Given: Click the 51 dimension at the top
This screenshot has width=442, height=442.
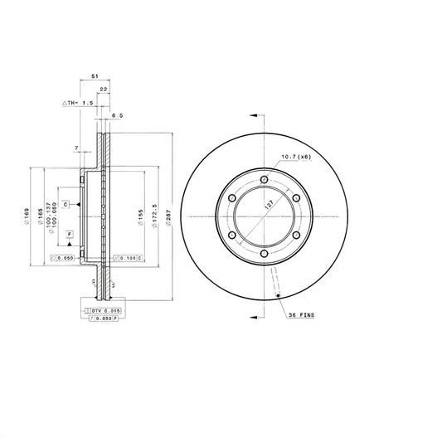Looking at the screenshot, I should [94, 75].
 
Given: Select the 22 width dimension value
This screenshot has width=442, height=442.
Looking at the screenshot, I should [104, 88].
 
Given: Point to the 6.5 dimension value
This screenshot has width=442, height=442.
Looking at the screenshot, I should [118, 116].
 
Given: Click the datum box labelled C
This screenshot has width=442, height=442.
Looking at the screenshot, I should [65, 204].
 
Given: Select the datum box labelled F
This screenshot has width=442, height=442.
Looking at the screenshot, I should [69, 236].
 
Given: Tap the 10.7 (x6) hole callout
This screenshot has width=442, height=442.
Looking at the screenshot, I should [295, 156].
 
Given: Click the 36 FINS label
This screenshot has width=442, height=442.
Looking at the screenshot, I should [301, 316].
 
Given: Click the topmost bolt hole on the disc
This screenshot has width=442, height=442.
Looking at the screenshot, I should [264, 180].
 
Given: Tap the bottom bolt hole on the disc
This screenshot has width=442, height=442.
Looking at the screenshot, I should [264, 255].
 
